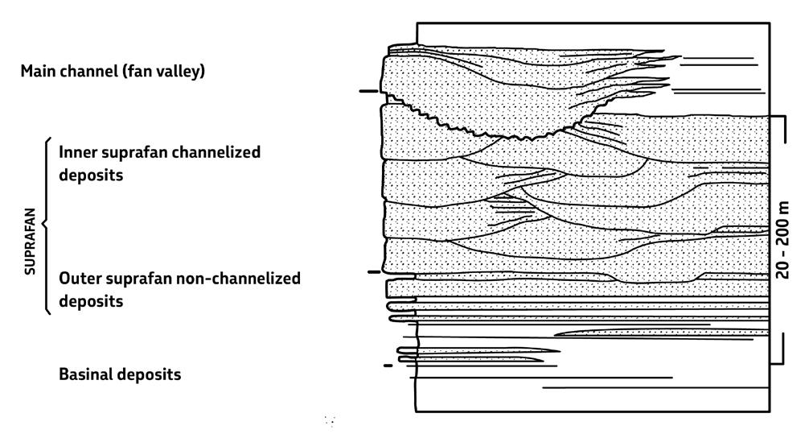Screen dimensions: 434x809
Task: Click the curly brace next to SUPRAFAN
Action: (44, 225)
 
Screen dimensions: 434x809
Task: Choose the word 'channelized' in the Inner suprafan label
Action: (219, 151)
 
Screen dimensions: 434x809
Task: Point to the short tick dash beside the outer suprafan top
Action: (373, 273)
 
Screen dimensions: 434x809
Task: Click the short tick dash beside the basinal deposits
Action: (388, 366)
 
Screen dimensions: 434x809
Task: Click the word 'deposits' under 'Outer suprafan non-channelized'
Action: (90, 302)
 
